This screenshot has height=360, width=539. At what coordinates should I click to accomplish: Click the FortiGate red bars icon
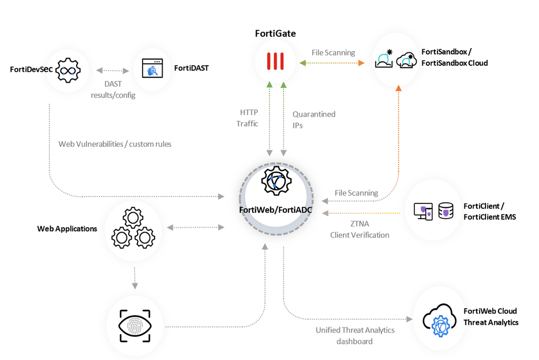click(x=275, y=63)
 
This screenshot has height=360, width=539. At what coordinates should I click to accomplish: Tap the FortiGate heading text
click(x=275, y=33)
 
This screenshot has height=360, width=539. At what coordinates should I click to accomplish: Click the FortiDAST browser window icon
click(x=152, y=69)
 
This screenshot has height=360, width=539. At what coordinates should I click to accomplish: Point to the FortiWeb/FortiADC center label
click(x=275, y=210)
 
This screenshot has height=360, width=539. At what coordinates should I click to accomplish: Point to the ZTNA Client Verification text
click(x=360, y=229)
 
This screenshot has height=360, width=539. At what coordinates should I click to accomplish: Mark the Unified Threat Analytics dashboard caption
click(x=355, y=335)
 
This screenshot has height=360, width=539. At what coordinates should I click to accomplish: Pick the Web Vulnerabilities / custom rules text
click(x=114, y=144)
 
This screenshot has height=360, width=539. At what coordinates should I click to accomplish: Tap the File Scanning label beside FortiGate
click(x=333, y=53)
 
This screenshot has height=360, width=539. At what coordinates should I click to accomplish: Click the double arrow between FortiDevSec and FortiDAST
click(x=113, y=71)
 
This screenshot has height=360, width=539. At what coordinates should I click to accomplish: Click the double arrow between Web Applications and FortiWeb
click(x=196, y=228)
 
